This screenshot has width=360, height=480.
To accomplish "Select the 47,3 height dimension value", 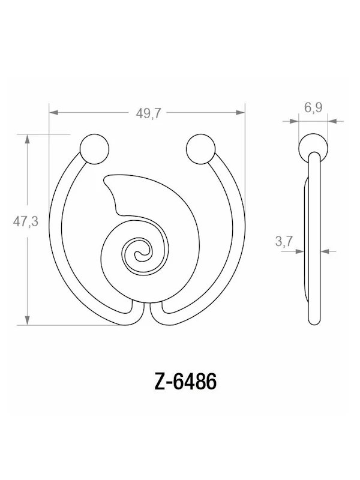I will click(26, 221).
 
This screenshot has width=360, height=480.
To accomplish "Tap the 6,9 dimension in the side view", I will click(313, 109).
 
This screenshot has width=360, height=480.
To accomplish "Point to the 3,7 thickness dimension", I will click(284, 241).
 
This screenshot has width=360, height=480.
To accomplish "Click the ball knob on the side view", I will click(313, 147).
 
